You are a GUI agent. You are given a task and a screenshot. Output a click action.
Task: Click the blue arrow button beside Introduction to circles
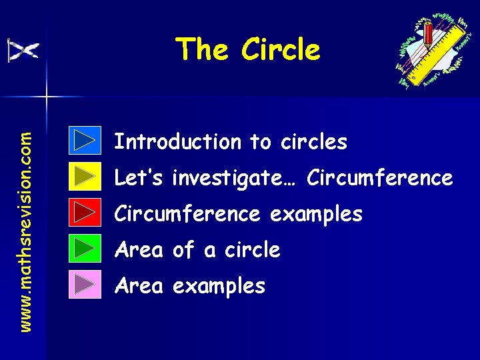pos(85,141)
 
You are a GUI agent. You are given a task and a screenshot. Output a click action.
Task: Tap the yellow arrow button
pos(85,177)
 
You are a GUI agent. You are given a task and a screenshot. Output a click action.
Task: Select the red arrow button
pos(85,213)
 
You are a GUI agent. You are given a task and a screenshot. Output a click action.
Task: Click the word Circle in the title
pos(281,49)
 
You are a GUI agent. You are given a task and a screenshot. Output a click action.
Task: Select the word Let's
pos(139,178)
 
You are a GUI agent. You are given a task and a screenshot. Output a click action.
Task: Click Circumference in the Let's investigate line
pos(381,178)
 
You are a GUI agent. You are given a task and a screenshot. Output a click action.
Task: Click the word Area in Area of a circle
pos(139,250)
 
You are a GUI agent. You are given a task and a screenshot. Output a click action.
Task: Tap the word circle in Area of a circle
pos(251,250)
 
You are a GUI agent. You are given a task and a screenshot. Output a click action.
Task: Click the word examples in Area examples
pos(219,287)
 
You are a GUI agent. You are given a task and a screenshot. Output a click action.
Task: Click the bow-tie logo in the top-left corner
pos(23,50)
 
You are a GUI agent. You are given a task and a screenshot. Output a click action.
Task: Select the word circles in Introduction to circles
pos(313,141)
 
